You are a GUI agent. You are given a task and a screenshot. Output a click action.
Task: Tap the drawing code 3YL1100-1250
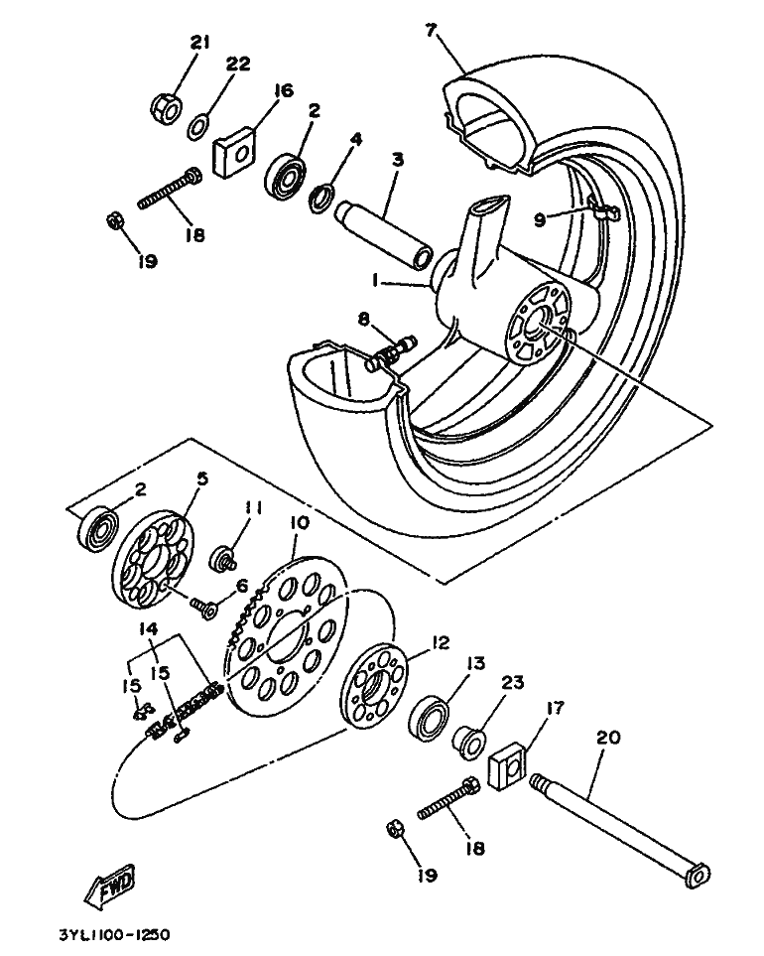(114, 934)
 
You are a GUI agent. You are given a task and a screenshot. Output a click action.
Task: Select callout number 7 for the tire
(431, 31)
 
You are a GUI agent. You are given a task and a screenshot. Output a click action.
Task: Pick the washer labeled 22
(197, 127)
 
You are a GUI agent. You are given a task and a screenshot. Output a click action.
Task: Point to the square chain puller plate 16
(235, 153)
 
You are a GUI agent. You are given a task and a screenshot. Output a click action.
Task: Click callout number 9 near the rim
(539, 218)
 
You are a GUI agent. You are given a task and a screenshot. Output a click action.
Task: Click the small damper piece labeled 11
(225, 558)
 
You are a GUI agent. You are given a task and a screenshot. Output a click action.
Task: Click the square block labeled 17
(509, 764)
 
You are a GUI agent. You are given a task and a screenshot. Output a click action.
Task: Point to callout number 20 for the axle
(607, 738)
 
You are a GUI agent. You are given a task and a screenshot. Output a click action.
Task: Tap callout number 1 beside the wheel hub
(376, 279)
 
